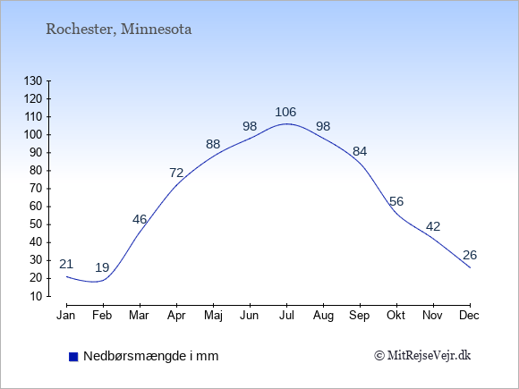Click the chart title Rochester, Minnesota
[x=118, y=30]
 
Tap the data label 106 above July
[x=285, y=112]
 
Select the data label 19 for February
[x=102, y=267]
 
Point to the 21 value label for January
[x=66, y=264]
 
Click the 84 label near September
[x=360, y=151]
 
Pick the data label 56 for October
[x=396, y=201]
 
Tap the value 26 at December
[x=470, y=255]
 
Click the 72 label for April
[x=176, y=173]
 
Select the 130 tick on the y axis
[x=33, y=80]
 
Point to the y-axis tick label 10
[x=36, y=296]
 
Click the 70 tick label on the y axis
[x=36, y=189]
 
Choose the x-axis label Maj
[x=213, y=316]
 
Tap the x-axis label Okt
[x=396, y=316]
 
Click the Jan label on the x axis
[x=66, y=316]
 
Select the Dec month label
[x=470, y=316]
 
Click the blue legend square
[x=73, y=357]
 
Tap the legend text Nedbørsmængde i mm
[x=151, y=356]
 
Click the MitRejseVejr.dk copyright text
[x=422, y=356]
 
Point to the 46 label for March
[x=140, y=219]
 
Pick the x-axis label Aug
[x=323, y=316]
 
